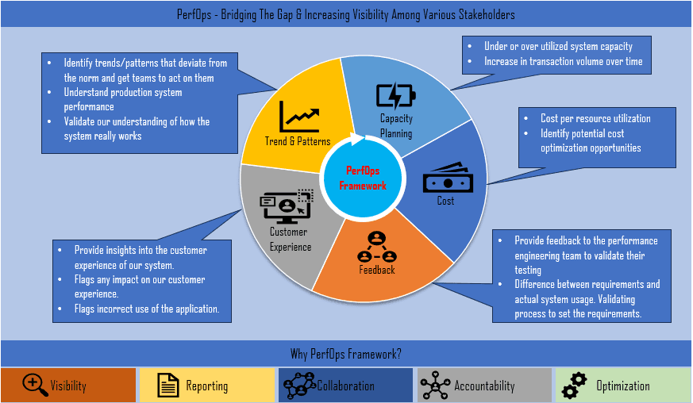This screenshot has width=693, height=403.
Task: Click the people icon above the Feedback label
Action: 376,247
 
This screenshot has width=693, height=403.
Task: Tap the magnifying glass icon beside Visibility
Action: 35,385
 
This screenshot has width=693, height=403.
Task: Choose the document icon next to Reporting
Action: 168,386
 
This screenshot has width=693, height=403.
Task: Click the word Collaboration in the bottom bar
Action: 345,386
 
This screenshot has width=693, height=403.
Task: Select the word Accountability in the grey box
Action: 484,386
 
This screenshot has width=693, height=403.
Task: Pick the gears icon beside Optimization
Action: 573,386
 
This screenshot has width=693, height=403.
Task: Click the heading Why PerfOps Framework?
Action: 346,353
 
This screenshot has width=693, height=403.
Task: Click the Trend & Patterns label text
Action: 297,141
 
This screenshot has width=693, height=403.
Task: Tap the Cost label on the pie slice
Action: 445,201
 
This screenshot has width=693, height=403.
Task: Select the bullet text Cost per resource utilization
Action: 595,118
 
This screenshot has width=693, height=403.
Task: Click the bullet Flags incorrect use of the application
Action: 147,309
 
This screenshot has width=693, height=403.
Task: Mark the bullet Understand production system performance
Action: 123,99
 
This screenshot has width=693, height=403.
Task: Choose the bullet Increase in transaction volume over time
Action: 563,61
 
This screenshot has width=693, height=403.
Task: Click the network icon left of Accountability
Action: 435,386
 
